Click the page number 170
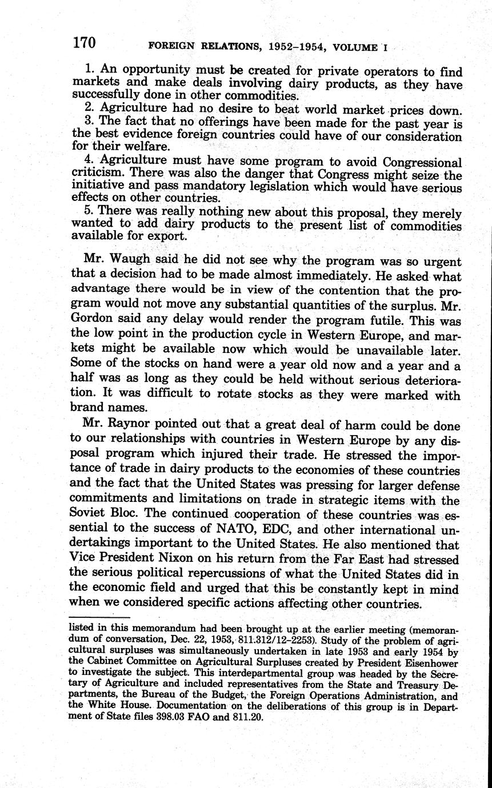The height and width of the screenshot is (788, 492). [x=83, y=42]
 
